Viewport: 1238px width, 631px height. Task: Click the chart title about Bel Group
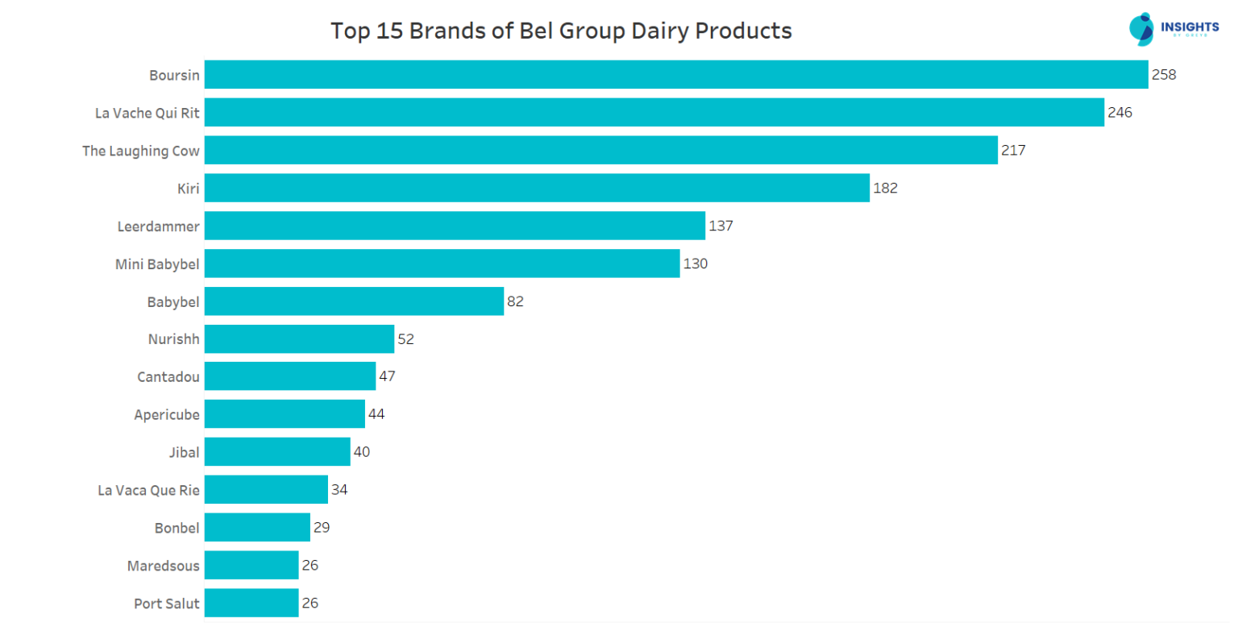tap(561, 31)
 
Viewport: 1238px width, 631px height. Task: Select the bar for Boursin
tap(675, 75)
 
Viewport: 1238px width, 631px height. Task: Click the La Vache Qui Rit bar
tap(654, 113)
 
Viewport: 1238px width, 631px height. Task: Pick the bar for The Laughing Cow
tap(600, 151)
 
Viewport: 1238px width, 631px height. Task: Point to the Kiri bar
tap(537, 189)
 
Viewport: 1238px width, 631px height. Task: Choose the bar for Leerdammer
tap(455, 226)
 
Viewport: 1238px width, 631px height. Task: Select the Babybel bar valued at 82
tap(354, 301)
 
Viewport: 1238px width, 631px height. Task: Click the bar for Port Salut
tap(251, 603)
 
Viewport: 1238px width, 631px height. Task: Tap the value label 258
tap(1164, 75)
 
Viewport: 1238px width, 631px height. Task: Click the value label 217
tap(1012, 151)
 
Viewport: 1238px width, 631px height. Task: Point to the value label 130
tap(695, 264)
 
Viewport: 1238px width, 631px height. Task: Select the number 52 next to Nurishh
tap(405, 339)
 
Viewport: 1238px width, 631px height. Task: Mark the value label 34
tap(339, 490)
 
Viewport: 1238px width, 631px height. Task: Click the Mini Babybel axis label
tap(157, 264)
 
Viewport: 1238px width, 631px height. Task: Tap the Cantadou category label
tap(168, 376)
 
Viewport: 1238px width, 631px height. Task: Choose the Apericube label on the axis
tap(167, 415)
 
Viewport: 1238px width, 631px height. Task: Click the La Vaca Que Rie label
tap(148, 490)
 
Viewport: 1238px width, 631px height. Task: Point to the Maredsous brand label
tap(163, 566)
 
